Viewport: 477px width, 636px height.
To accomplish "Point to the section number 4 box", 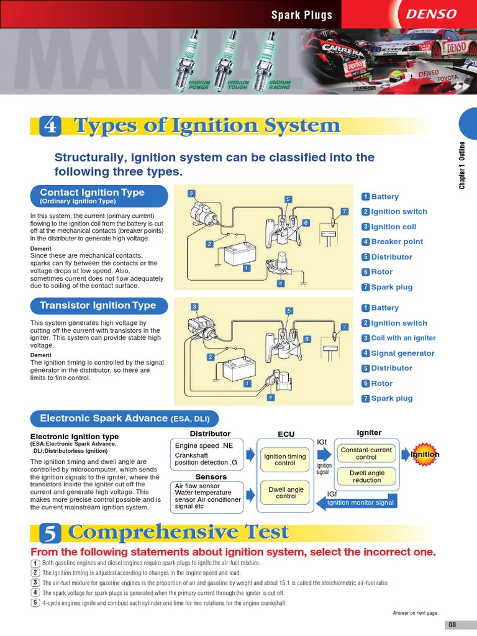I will [x=49, y=126].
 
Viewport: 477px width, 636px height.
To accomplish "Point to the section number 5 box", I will [x=49, y=533].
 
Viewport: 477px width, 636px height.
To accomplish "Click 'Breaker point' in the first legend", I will [x=396, y=242].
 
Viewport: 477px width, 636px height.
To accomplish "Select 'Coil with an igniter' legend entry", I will [x=403, y=338].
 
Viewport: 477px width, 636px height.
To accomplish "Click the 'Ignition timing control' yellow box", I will [x=285, y=460].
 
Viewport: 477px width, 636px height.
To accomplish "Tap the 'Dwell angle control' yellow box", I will [x=286, y=493].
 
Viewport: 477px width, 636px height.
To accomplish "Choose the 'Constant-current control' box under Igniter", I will [x=366, y=453].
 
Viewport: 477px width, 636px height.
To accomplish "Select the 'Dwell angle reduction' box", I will [x=367, y=476].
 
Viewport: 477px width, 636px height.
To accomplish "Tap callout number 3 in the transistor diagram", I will [x=194, y=307].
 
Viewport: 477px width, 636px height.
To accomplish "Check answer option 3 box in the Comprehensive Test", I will [x=35, y=583].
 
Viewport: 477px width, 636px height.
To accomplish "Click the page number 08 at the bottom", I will [x=452, y=624].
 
